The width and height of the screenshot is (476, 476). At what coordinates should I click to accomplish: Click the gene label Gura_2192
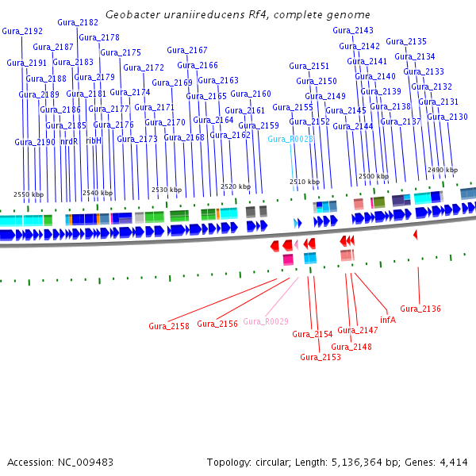[x=22, y=31]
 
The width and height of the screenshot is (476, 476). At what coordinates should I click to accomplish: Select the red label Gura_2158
[x=169, y=326]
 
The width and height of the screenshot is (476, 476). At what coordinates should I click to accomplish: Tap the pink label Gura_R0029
[x=266, y=321]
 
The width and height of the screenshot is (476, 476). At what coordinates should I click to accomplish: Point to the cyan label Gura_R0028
[x=290, y=139]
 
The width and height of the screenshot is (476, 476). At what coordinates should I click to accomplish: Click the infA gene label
[x=388, y=320]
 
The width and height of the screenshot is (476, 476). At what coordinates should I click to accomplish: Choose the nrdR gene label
[x=70, y=140]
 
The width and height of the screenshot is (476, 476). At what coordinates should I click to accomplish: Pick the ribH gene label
[x=94, y=140]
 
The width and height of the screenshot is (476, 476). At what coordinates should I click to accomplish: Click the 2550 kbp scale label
[x=29, y=194]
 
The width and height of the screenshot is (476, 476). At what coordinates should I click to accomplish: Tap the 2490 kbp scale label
[x=443, y=170]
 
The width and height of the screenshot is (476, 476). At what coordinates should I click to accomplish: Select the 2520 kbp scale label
[x=235, y=186]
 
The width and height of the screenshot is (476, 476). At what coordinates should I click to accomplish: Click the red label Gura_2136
[x=420, y=309]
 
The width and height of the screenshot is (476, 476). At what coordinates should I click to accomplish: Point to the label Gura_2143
[x=353, y=30]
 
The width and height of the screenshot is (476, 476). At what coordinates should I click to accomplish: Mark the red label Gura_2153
[x=321, y=357]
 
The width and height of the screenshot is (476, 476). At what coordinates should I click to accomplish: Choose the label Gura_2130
[x=447, y=117]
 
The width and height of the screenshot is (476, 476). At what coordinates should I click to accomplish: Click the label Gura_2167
[x=187, y=50]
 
